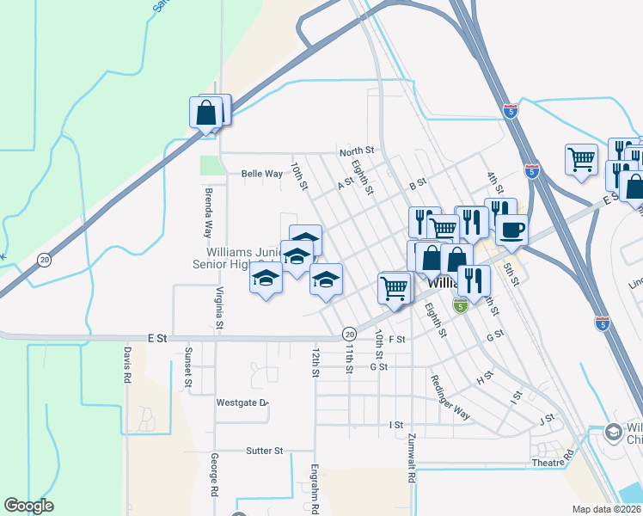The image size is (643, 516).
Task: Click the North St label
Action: tap(357, 151)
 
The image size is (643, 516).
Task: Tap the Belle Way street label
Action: tap(262, 174)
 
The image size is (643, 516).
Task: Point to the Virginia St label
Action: tap(219, 308)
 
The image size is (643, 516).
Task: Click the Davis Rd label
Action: tap(126, 365)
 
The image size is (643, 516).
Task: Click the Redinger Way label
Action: tap(450, 398)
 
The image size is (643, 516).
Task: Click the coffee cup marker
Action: tap(512, 230)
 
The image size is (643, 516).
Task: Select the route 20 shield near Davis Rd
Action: tap(44, 258)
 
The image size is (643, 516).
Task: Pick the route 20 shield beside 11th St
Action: tap(348, 333)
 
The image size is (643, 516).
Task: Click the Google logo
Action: tap(28, 506)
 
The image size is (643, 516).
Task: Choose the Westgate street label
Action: tap(242, 402)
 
